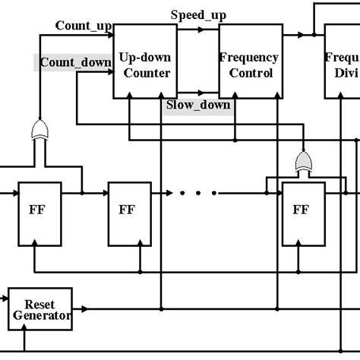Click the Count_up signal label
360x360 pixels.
coord(84,25)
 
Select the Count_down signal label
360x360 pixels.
coord(75,62)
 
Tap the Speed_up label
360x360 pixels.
coord(197,14)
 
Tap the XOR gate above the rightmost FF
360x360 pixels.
coord(304,160)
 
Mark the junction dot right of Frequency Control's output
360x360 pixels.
coord(313,35)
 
